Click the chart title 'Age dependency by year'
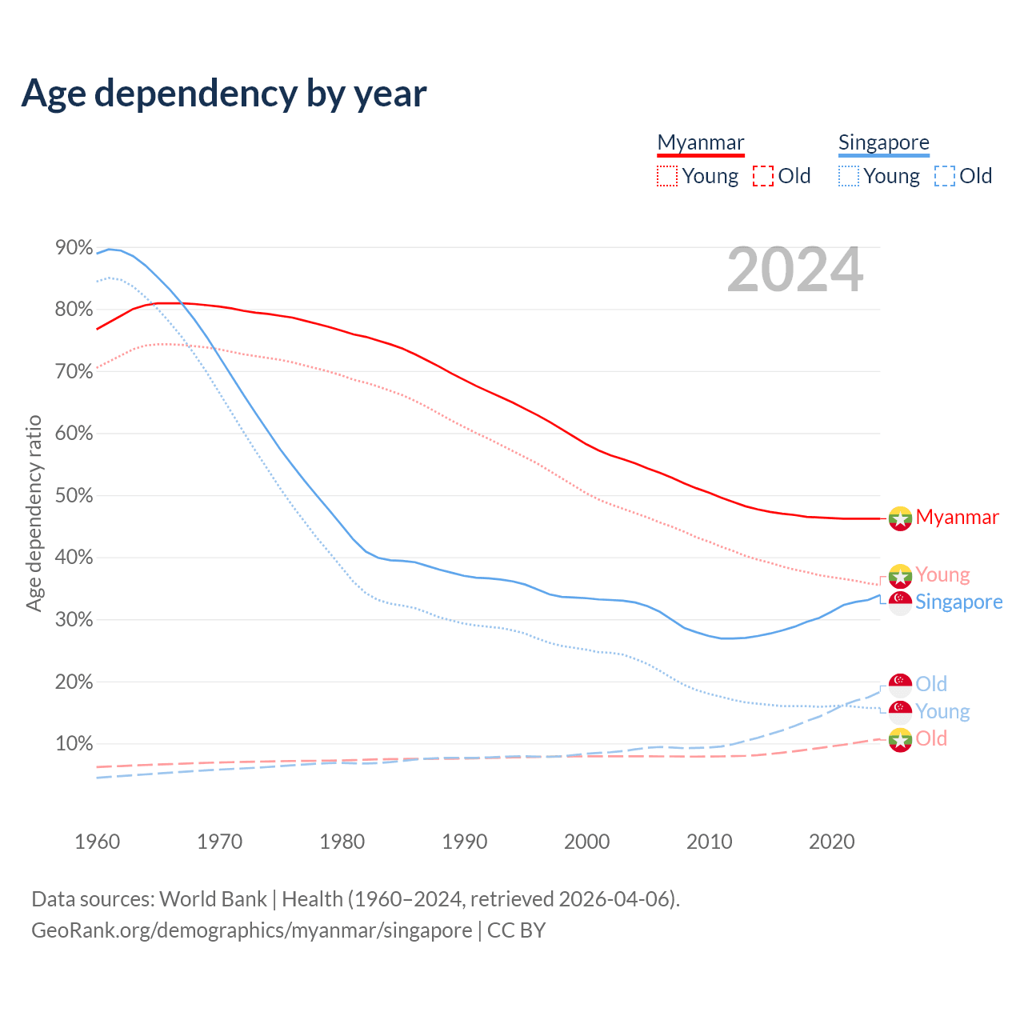pos(224,94)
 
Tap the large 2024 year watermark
pos(794,270)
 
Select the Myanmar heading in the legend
pos(701,142)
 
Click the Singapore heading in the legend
pos(883,142)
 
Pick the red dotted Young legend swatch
pos(666,176)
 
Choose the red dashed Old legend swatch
pos(763,176)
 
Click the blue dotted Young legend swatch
pos(848,176)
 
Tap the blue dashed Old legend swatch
pos(945,176)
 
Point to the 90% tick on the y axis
pos(74,248)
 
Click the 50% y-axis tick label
pos(74,496)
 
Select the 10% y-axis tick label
pos(74,744)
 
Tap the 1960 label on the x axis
pos(97,842)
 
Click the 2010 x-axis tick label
pos(710,842)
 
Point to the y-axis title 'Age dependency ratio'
pos(34,513)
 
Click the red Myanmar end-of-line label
pos(957,518)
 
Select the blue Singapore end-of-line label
pos(958,602)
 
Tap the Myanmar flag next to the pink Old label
pos(901,740)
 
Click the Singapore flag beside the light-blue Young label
pos(901,711)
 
